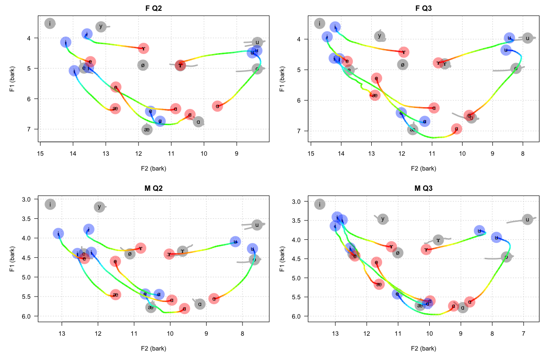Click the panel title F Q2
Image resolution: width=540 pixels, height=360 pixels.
coord(153,8)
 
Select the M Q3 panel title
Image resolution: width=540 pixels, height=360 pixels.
coord(423,188)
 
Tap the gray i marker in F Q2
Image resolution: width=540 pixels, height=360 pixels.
coord(50,23)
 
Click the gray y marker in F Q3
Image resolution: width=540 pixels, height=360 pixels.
coord(380,36)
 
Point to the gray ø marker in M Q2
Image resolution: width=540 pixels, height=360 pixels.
coord(130,254)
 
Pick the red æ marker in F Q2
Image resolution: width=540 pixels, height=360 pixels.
coord(115,108)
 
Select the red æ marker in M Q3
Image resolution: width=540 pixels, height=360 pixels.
coord(379,284)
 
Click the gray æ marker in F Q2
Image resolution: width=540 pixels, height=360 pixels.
coord(147,130)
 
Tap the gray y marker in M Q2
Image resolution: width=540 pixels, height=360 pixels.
coord(99,207)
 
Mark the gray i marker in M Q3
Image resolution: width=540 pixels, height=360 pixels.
coord(319,204)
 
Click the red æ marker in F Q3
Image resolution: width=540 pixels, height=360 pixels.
coord(375,95)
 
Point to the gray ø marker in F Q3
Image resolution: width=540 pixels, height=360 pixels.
coord(403,65)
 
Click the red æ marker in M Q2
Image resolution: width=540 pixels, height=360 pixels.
coord(116,295)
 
